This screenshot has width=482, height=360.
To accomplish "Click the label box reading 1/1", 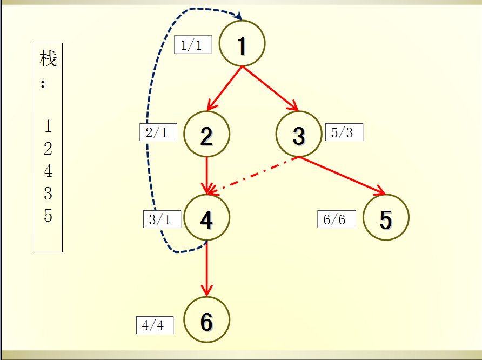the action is [x=193, y=44].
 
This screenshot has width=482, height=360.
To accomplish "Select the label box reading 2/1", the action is [x=158, y=132].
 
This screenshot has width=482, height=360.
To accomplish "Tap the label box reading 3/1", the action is [x=162, y=219].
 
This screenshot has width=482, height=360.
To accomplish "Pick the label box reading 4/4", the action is [x=155, y=325].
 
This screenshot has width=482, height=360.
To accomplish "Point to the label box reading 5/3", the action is [x=344, y=132].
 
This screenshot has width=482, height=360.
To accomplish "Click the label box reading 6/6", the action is [x=337, y=219].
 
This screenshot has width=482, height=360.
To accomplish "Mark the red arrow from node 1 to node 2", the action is [x=225, y=88].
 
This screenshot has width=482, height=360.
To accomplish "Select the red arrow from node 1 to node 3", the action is [x=271, y=88].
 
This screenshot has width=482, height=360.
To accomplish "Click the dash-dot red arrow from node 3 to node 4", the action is [x=253, y=176].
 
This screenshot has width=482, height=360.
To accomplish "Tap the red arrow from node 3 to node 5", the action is [x=342, y=176].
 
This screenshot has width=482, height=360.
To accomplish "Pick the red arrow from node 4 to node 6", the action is [x=207, y=269].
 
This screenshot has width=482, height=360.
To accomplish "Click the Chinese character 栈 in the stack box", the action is [x=48, y=58].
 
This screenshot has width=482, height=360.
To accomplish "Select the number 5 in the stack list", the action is [x=48, y=216].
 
